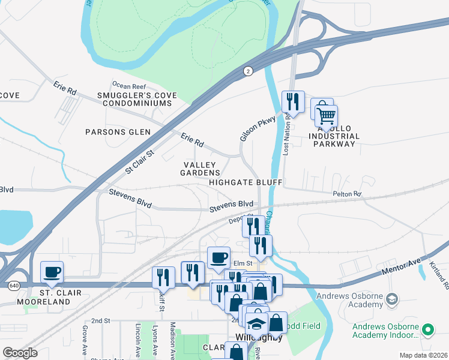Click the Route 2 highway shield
pos(247,71)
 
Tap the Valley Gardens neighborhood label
pos(201,169)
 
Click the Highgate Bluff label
pos(246,182)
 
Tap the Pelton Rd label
pos(348,194)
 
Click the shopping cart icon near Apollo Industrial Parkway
pos(326,114)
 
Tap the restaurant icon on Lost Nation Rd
pos(293,101)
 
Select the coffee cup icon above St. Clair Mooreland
pos(52,272)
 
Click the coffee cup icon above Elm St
pos(219,257)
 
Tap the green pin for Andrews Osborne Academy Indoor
pos(428,329)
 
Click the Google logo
pos(20,353)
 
